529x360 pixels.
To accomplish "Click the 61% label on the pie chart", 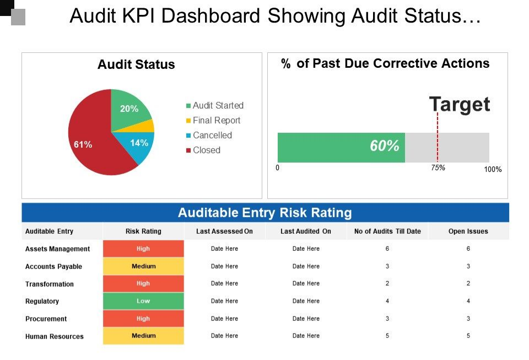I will click(83, 145).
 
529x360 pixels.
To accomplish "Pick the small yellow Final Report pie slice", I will click(148, 126).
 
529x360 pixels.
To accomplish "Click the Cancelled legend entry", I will click(212, 135).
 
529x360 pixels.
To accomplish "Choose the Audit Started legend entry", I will click(218, 105).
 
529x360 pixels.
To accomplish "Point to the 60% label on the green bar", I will click(384, 146).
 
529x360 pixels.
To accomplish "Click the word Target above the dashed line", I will click(459, 104).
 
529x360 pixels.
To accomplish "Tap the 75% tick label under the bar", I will click(438, 168).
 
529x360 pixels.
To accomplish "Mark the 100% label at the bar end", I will click(493, 170).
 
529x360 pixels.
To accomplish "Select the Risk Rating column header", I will click(143, 232).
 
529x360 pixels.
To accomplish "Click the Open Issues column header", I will click(468, 232).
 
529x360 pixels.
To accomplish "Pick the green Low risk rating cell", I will click(143, 301).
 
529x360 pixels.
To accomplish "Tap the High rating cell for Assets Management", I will click(143, 249).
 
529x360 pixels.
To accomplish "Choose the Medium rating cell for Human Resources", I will click(143, 336).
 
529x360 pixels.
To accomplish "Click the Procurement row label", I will click(46, 319).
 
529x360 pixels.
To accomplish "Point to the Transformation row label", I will click(49, 284).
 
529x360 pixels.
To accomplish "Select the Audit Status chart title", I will click(136, 65).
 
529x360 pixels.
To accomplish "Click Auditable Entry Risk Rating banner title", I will click(264, 213).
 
